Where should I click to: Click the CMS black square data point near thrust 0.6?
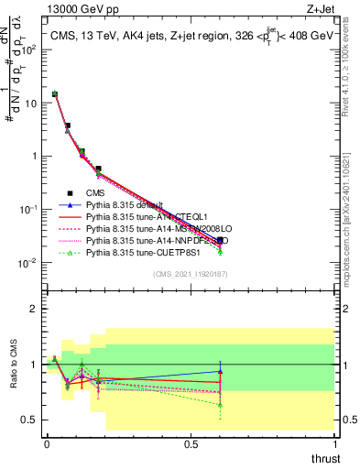point(220,240)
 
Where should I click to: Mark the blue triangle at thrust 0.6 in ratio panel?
point(220,372)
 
